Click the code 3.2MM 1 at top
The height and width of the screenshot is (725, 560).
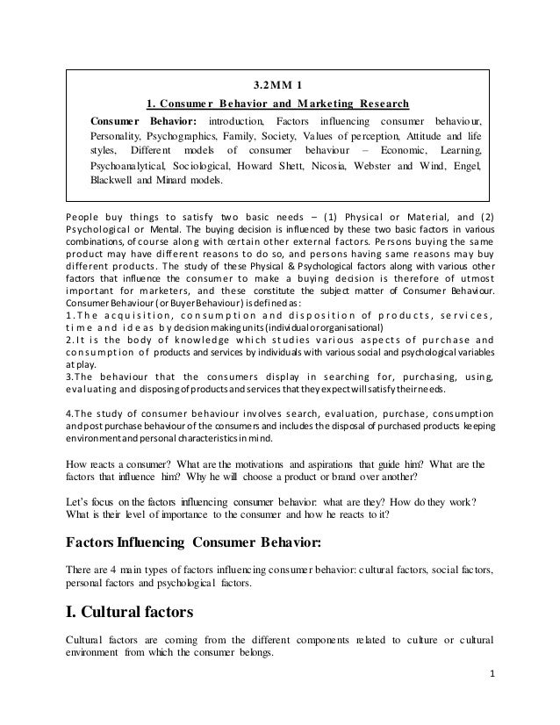click(279, 86)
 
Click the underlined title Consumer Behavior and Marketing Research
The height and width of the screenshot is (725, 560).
click(280, 102)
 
